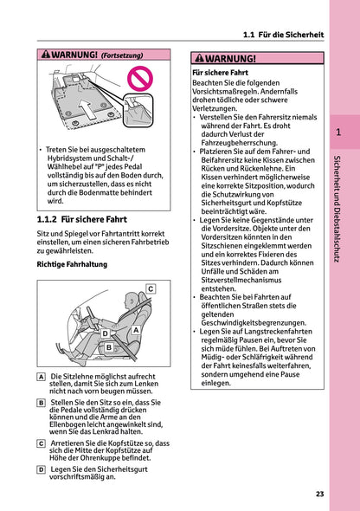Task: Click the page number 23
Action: tap(319, 494)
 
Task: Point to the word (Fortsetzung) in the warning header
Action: tap(122, 55)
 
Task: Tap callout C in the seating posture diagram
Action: tap(150, 288)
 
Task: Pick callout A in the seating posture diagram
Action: tap(136, 330)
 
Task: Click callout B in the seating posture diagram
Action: tap(109, 347)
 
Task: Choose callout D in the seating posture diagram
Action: tap(105, 333)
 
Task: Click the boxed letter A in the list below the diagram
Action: tap(42, 378)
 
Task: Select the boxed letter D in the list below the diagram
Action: tap(42, 469)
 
